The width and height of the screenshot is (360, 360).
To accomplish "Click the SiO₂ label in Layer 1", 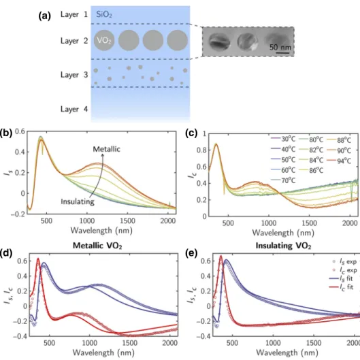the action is point(104,15).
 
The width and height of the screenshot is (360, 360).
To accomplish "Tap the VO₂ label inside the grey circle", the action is point(104,40).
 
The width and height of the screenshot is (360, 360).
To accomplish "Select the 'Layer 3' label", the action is point(74,75).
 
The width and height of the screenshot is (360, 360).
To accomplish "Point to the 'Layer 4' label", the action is point(74,109).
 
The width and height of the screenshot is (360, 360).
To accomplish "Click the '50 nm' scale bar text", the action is point(280,47).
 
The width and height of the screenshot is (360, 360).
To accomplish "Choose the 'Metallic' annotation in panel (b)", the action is point(107,149).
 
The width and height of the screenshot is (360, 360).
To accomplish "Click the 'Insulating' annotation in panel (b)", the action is point(78,202).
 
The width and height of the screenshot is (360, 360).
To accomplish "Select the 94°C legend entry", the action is point(339,161).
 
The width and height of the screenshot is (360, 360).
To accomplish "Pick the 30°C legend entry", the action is point(283,139).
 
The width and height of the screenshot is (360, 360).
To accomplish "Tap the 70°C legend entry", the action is point(283,180).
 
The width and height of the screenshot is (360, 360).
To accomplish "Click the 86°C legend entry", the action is point(311,170).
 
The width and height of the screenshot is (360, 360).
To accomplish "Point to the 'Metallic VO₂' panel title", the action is point(97,246).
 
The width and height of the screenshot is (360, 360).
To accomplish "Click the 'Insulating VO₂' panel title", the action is point(283,246).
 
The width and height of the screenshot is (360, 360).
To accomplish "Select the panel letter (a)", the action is point(45,16).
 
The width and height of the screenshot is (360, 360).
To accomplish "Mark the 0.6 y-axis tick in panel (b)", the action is point(20,131).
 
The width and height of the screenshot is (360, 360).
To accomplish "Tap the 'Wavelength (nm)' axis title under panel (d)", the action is point(103,353).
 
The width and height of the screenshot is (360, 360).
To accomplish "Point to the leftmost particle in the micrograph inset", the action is point(219,42).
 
